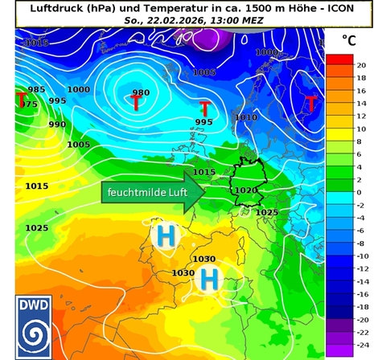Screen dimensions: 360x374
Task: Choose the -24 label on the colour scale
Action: tap(362, 344)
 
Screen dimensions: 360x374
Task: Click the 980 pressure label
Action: tap(141, 92)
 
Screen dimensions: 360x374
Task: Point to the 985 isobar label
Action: tap(36, 89)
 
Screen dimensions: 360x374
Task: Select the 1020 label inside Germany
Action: tap(245, 190)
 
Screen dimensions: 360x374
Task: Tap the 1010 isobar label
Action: tap(246, 117)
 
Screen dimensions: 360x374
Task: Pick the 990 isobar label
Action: tap(57, 125)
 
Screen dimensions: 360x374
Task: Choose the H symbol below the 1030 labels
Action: tap(210, 279)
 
